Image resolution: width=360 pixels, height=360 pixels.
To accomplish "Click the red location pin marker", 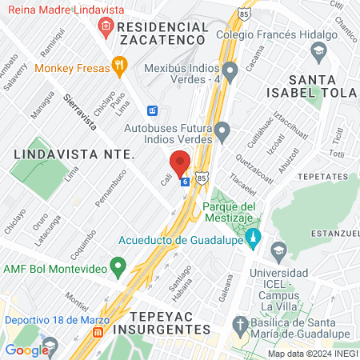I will [x=180, y=162].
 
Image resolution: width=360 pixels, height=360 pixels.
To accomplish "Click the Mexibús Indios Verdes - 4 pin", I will [x=230, y=73].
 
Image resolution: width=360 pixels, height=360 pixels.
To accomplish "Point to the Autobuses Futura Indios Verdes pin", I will [x=222, y=130].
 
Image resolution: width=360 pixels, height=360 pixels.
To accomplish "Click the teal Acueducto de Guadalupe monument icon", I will [x=253, y=238].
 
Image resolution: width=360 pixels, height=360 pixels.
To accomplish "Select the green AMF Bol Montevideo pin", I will [x=118, y=265].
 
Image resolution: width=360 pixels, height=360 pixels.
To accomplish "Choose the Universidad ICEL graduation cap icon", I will [x=278, y=250].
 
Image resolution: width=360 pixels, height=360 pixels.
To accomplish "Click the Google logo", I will [x=27, y=350].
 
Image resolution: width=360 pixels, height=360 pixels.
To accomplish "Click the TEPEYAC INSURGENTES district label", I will [x=162, y=322].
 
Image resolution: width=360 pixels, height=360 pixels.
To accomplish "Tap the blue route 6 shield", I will [x=185, y=182].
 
